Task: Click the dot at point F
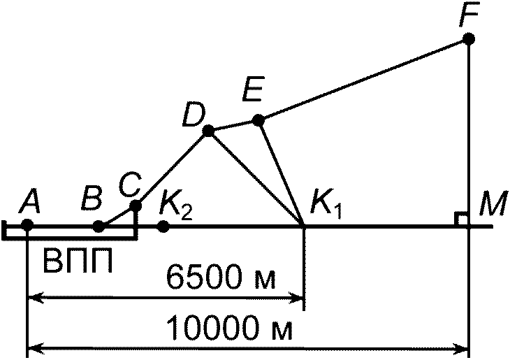[469, 39]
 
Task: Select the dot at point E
[258, 120]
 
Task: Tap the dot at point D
[207, 131]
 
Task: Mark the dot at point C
[136, 206]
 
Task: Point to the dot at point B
[99, 226]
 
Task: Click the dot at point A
[27, 224]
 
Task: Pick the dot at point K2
[163, 226]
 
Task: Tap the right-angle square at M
[461, 219]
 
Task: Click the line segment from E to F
[363, 80]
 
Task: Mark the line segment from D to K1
[256, 178]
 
